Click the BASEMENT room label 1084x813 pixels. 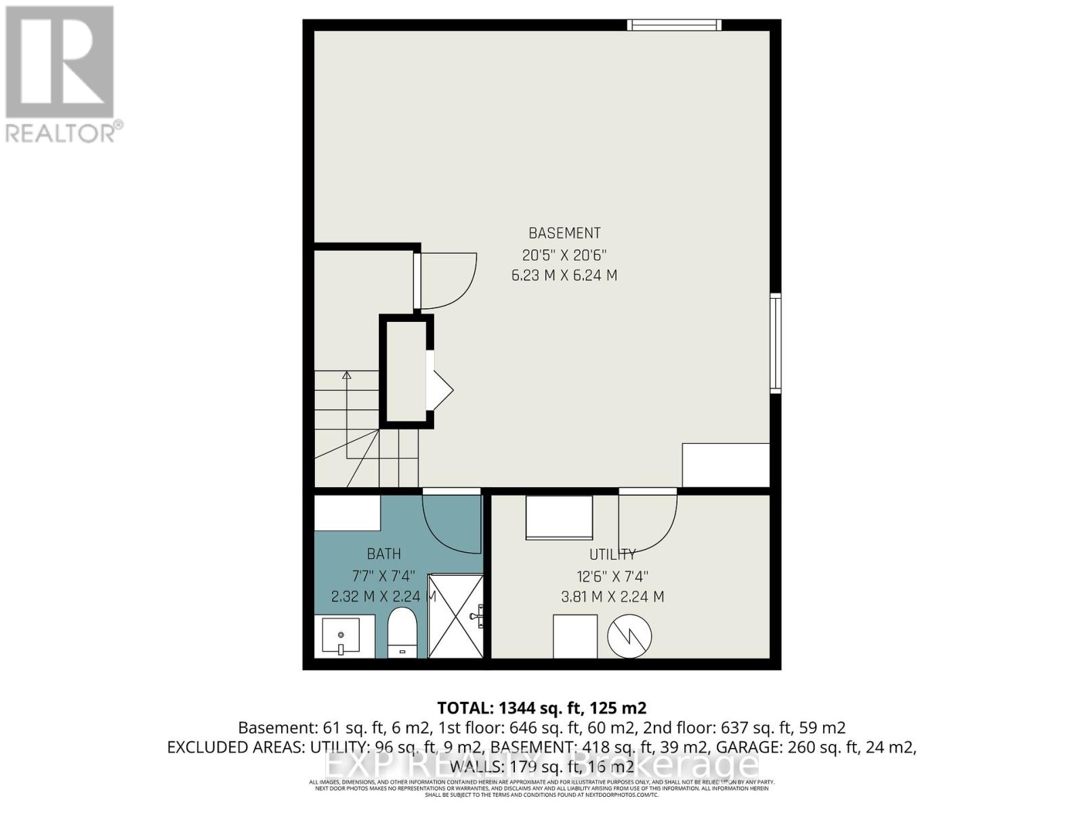point(564,233)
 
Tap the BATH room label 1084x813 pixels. point(383,554)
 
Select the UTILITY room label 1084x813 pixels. point(612,554)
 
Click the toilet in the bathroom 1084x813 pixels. point(402,633)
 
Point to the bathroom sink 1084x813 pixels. point(343,637)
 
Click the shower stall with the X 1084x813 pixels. point(456,616)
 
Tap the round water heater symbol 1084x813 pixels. point(629,636)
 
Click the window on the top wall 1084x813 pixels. point(673,25)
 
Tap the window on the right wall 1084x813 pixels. point(776,343)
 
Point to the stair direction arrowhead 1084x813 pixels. point(347,374)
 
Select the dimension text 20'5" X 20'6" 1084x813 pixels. point(564,255)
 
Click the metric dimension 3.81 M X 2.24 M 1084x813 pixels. point(612,597)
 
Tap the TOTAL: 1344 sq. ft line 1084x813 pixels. point(541,708)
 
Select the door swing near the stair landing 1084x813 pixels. point(447,279)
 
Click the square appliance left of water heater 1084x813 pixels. point(575,635)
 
